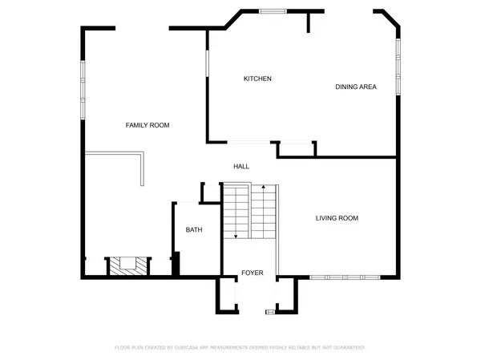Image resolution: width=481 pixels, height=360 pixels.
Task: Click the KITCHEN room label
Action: [257, 79]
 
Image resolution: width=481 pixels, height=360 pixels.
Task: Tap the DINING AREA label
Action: [355, 87]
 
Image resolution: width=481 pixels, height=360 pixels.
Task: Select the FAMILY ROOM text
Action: [147, 125]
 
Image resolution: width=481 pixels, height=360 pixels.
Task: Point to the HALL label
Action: [240, 167]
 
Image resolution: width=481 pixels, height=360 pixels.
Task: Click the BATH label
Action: [194, 230]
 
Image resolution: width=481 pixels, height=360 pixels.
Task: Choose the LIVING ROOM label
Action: [336, 218]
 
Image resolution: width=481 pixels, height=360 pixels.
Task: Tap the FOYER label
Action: [253, 273]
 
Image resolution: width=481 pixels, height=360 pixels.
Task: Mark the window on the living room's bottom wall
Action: [346, 277]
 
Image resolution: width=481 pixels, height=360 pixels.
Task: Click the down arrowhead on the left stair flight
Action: [236, 237]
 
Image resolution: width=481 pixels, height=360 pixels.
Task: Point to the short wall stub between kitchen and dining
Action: [307, 22]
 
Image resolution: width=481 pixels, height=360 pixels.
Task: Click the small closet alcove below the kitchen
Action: [295, 149]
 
